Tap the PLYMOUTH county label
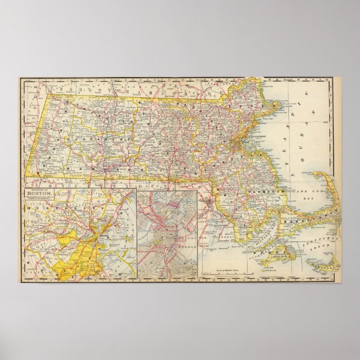click(270, 191)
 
